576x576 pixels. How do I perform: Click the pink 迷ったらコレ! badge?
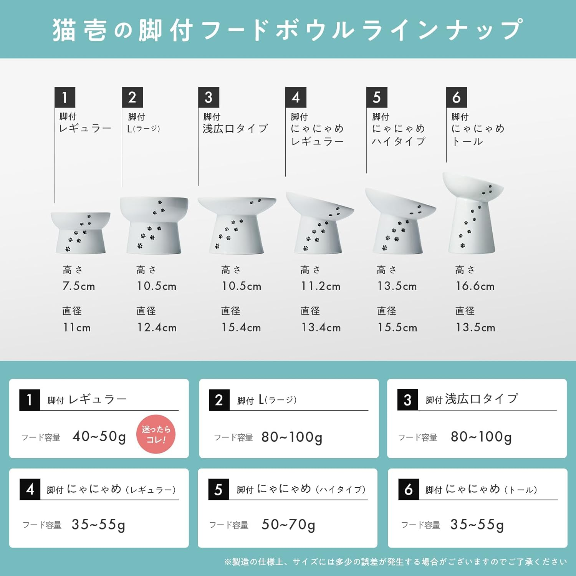[156, 434]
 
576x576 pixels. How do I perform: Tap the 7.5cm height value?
[79, 286]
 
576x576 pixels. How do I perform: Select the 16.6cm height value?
[475, 286]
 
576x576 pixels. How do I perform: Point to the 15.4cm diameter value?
[241, 328]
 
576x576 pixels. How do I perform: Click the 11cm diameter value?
[77, 328]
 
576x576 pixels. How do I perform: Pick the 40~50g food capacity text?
[99, 437]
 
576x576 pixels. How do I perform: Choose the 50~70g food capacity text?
[288, 525]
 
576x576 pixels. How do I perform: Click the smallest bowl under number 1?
[81, 233]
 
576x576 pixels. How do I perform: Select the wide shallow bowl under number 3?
[237, 225]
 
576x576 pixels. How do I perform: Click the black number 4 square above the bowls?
[296, 97]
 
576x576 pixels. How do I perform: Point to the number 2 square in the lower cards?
[219, 400]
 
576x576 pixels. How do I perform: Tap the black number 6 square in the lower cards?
[409, 489]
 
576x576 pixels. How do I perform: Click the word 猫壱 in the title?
[80, 30]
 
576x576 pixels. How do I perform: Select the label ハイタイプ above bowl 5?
[398, 141]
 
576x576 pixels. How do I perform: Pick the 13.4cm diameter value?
[321, 328]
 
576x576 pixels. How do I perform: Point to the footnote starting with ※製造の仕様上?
[396, 562]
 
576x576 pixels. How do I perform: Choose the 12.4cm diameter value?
[157, 328]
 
